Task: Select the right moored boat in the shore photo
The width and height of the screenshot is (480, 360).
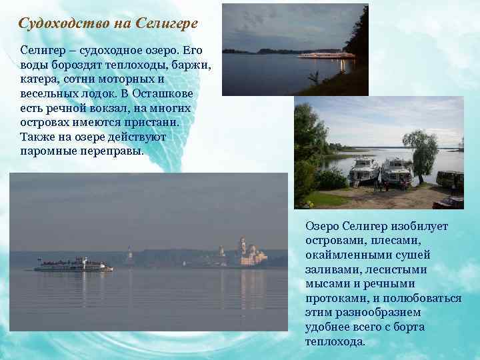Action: point(397,171)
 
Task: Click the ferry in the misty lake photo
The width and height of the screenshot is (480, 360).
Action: point(73,265)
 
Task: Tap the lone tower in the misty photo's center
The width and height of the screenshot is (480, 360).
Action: point(129,256)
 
